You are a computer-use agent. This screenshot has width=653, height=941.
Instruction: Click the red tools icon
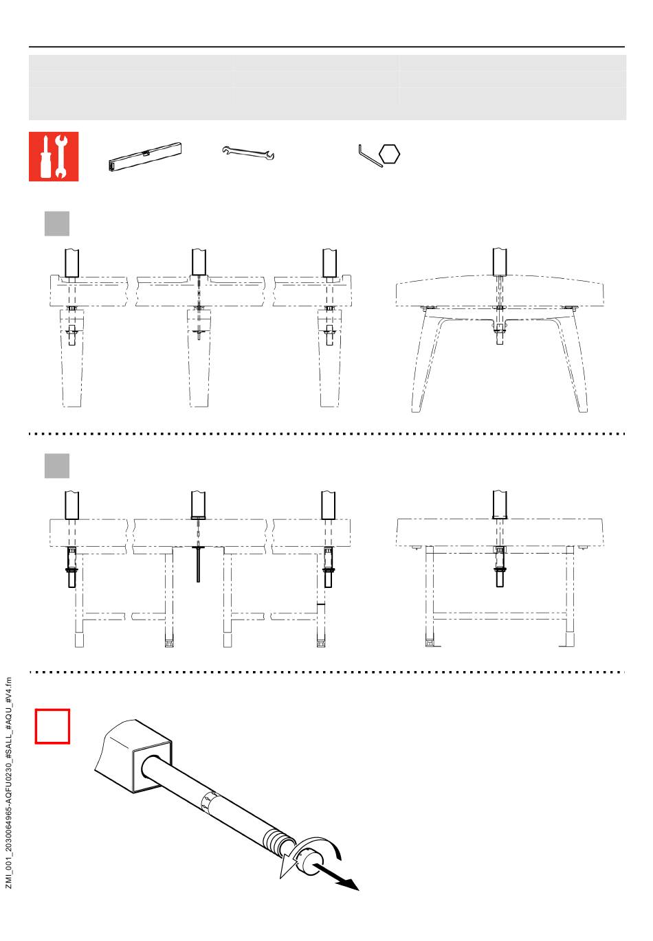pyautogui.click(x=54, y=157)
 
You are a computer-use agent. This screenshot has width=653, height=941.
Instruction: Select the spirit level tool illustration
pyautogui.click(x=145, y=157)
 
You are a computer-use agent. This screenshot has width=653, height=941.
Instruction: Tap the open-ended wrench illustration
pyautogui.click(x=248, y=152)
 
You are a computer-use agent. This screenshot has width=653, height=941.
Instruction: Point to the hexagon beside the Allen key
pyautogui.click(x=389, y=154)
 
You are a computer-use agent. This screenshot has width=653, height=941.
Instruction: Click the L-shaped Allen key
pyautogui.click(x=370, y=157)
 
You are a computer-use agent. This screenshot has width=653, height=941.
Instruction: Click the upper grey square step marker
pyautogui.click(x=57, y=223)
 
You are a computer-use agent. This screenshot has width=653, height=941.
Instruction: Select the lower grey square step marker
pyautogui.click(x=57, y=466)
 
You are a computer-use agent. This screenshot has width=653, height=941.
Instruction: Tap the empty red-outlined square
pyautogui.click(x=52, y=726)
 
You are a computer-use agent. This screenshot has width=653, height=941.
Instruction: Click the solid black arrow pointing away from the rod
pyautogui.click(x=335, y=876)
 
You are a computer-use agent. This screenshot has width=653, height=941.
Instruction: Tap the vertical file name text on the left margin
pyautogui.click(x=9, y=782)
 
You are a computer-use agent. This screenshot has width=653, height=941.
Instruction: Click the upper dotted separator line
pyautogui.click(x=326, y=433)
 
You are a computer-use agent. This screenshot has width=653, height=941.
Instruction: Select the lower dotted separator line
pyautogui.click(x=326, y=672)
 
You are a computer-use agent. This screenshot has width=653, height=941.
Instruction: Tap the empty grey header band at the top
pyautogui.click(x=327, y=87)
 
